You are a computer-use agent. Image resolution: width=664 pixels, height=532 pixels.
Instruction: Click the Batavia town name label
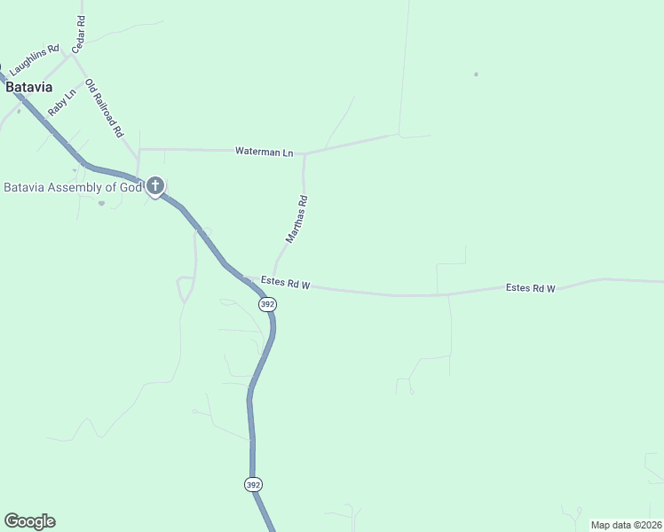pos(28,88)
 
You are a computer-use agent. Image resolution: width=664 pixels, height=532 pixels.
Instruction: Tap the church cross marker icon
pos(155,186)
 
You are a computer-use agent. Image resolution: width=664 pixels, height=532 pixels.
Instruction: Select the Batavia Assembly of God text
pos(73,187)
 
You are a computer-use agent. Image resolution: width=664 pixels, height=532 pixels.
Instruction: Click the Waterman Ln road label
pos(264,152)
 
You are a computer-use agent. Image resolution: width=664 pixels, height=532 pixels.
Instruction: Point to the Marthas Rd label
pos(296,220)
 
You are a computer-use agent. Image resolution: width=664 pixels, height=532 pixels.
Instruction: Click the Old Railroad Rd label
pos(104,108)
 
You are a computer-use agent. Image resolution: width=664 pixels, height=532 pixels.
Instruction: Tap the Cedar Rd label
pos(79,32)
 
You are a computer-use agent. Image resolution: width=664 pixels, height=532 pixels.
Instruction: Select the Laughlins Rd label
pos(34,59)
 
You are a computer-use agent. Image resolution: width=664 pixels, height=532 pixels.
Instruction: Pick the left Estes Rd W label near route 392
pos(285,284)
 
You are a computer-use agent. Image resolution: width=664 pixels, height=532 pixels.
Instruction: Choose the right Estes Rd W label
pos(530,288)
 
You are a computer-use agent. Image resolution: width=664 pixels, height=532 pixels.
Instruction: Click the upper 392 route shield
pos(268,304)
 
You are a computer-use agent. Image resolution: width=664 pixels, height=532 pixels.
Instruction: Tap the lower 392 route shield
pos(254,484)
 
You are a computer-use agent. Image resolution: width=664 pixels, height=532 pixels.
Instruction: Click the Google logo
pos(29,521)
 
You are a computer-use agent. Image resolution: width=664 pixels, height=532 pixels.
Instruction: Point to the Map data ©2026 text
pos(626,525)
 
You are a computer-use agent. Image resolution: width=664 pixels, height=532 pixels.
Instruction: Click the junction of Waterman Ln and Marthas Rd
pos(304,153)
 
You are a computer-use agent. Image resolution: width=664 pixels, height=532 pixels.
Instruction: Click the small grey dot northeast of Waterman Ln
pos(476,74)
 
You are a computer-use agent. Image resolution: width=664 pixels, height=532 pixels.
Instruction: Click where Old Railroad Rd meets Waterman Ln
pos(138,150)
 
